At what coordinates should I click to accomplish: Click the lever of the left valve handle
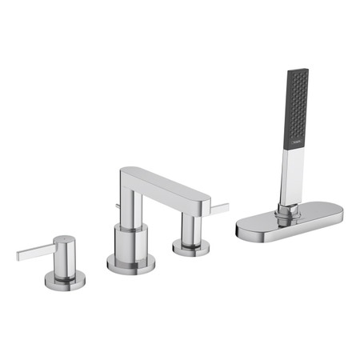tap(36, 250)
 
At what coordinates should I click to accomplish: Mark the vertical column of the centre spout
tap(131, 204)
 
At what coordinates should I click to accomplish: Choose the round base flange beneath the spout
tap(127, 261)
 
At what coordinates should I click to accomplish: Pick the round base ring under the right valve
tap(190, 248)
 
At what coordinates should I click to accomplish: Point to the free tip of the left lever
tap(18, 256)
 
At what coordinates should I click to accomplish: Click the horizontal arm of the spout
tap(168, 186)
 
